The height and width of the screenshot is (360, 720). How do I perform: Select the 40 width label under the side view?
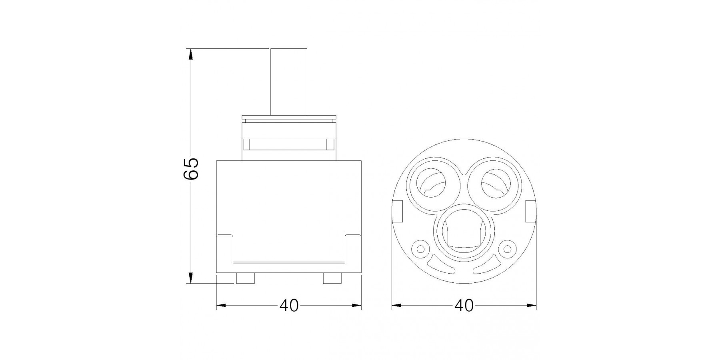289,306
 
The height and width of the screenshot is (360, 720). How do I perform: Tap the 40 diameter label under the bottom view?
464,306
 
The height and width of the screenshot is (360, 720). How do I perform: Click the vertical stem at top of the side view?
289,82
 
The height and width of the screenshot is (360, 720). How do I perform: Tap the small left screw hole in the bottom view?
420,249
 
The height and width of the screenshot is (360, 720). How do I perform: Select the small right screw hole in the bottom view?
508,249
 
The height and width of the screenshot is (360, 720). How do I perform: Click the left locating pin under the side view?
245,278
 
